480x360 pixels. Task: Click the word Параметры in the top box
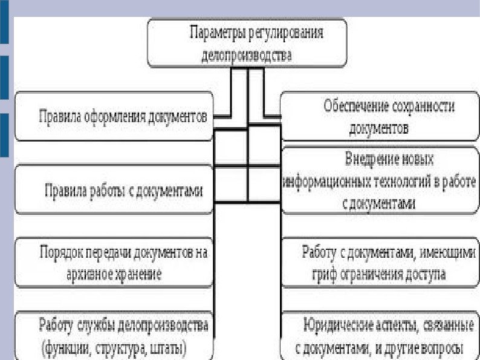tap(213, 33)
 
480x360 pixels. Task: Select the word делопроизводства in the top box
tap(247, 55)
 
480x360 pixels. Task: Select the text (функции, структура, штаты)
tap(114, 349)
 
